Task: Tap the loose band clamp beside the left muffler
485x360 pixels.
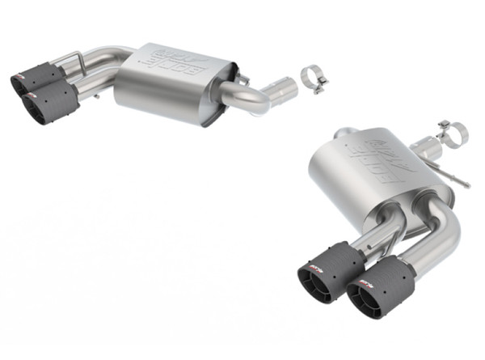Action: (x=312, y=76)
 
